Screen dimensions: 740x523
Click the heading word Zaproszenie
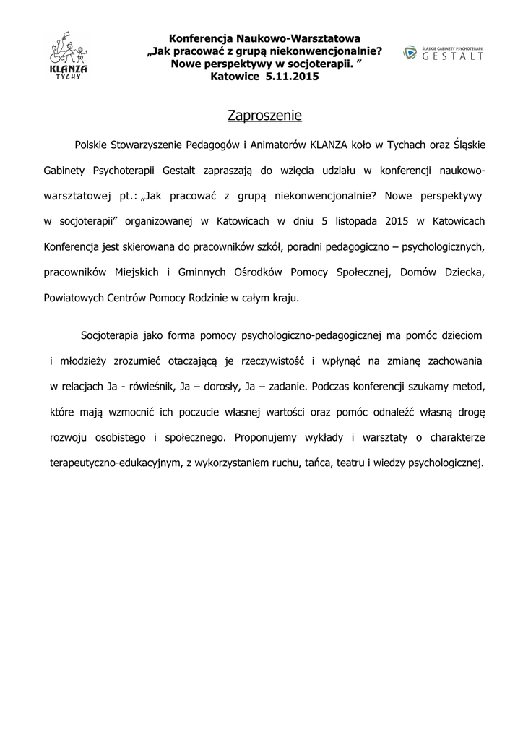pos(264,116)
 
